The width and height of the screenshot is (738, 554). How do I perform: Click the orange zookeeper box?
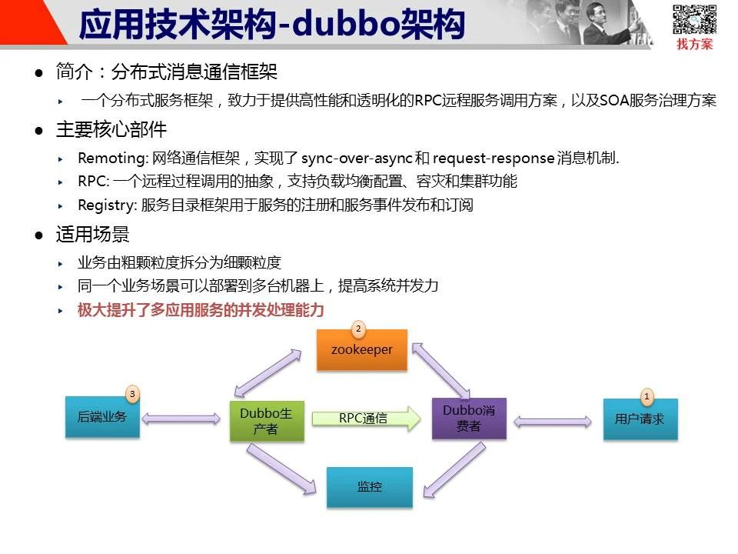pos(361,350)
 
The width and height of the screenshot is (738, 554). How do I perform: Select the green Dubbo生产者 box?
pos(267,421)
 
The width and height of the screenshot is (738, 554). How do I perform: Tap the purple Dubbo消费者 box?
pos(469,419)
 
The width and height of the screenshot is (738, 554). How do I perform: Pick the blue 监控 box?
pos(370,487)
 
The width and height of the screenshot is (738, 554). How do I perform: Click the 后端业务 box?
pos(102,417)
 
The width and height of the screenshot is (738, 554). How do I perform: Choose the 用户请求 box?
pos(640,419)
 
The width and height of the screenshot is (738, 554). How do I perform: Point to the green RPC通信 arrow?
pos(366,419)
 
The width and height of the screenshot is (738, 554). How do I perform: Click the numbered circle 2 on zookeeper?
pos(358,329)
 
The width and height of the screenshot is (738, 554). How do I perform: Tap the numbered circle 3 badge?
pos(132,394)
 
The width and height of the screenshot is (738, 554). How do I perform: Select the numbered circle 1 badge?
pos(647,397)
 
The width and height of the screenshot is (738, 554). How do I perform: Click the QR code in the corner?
pos(694,19)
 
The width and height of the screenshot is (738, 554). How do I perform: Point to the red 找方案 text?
pos(695,45)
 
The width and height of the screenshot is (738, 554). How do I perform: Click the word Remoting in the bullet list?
pos(113,159)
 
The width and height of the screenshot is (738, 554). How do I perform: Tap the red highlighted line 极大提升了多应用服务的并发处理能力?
pos(201,310)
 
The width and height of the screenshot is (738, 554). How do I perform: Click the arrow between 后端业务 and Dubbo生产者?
pos(181,419)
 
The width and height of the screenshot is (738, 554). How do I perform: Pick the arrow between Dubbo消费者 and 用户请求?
pos(553,422)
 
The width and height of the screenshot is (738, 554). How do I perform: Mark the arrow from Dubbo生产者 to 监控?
pos(281,469)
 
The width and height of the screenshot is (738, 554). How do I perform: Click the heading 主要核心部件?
pos(111,129)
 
